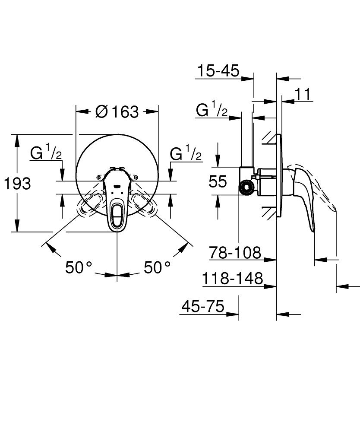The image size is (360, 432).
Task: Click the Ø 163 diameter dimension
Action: [117, 112]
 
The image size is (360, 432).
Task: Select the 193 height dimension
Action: [18, 184]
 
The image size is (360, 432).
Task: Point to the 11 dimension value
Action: [304, 94]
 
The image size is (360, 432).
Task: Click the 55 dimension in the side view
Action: [218, 181]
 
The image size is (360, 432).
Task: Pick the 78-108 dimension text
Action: [235, 252]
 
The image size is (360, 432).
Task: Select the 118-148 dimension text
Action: [233, 279]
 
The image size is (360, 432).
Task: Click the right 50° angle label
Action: [157, 267]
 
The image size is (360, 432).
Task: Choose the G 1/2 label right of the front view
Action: [186, 153]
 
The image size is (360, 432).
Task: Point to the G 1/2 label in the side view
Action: [212, 111]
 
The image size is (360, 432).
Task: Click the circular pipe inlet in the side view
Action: [246, 187]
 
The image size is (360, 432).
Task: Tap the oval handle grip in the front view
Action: [117, 213]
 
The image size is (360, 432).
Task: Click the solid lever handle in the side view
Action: [304, 190]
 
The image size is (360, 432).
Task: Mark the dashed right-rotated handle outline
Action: [144, 205]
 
